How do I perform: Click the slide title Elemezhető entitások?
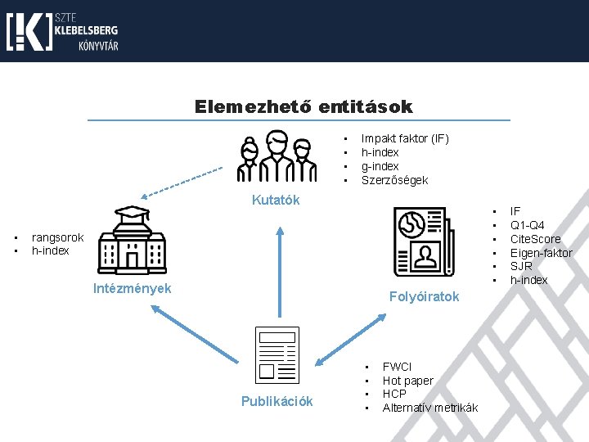(303, 107)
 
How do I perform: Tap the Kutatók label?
(276, 200)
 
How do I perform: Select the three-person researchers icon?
(277, 156)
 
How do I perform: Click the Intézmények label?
(132, 288)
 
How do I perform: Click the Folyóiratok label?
(425, 296)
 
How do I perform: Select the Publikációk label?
(277, 401)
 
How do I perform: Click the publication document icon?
(277, 354)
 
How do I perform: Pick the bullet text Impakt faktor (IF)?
(405, 138)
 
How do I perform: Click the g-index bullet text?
(380, 166)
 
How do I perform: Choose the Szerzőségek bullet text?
(394, 180)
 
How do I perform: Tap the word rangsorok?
(57, 237)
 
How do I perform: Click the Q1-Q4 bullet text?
(528, 225)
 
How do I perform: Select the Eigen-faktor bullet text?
(541, 253)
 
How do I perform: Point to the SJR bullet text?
(521, 267)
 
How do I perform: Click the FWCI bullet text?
(397, 367)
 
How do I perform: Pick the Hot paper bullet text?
(407, 381)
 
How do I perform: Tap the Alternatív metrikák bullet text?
(429, 408)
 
